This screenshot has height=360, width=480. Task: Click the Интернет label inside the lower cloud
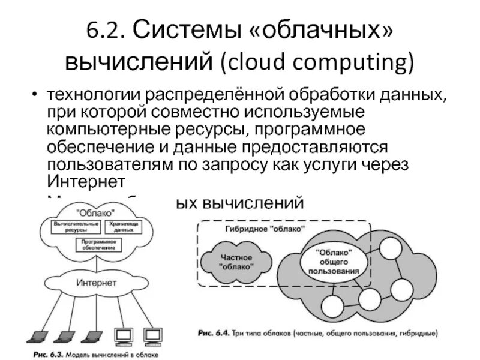tap(97, 283)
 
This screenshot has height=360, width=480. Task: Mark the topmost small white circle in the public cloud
tap(392, 247)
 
